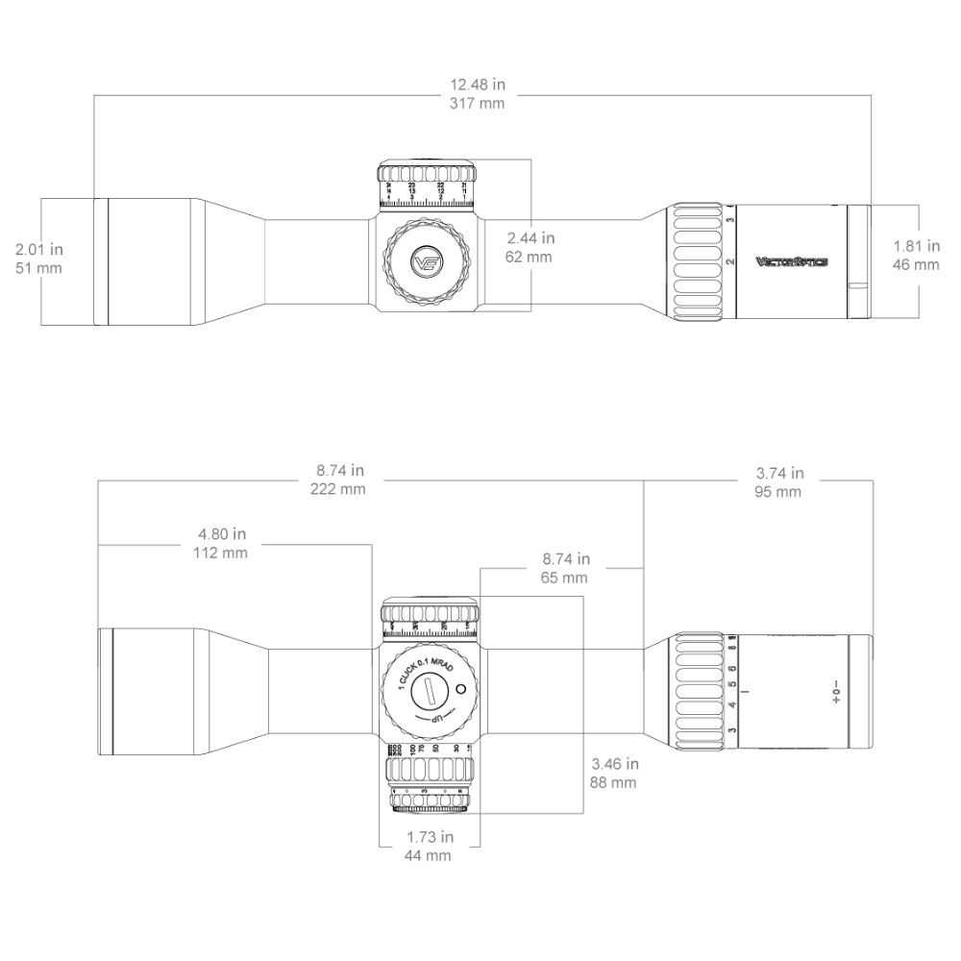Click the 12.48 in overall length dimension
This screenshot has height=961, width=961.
pos(478,85)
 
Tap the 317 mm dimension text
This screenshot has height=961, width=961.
pos(478,104)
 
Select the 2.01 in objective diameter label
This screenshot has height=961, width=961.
pos(39,249)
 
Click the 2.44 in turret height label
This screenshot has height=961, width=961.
pos(530,237)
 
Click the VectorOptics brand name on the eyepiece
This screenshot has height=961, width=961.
pos(791,260)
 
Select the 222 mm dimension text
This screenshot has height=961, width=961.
pos(338,489)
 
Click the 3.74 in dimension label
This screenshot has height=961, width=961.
pos(779,473)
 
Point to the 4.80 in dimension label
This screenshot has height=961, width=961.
pos(222,533)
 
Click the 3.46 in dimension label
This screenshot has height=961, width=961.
pos(615,764)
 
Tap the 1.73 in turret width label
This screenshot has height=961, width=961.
pos(429,837)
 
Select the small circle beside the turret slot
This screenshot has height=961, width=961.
pos(460,688)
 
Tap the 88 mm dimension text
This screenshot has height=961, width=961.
pos(615,783)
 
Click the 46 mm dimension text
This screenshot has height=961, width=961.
pos(917,264)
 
